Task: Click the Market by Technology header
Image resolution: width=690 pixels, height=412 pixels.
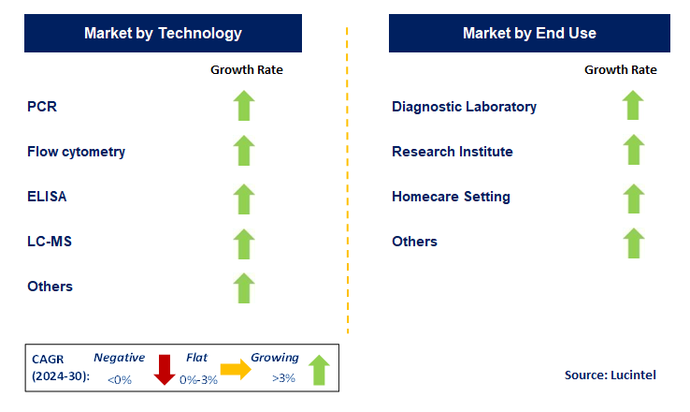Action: [x=163, y=33]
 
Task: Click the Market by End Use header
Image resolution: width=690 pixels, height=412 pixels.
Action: [x=529, y=33]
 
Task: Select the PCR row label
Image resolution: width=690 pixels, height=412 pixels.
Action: [x=42, y=107]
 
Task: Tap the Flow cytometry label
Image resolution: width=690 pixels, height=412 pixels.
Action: [x=76, y=152]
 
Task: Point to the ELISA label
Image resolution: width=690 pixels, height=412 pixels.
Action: [x=47, y=197]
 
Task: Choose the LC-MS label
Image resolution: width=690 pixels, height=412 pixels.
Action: [x=50, y=242]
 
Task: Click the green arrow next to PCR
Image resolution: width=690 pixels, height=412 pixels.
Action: [x=244, y=106]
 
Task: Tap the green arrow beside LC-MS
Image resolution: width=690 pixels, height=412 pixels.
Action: [x=244, y=243]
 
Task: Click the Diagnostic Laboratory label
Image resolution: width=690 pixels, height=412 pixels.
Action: [x=464, y=107]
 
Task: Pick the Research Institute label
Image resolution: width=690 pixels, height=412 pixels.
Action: [x=453, y=152]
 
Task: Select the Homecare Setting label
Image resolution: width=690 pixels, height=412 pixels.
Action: [x=451, y=197]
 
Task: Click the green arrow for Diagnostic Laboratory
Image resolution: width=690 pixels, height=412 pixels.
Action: [x=633, y=106]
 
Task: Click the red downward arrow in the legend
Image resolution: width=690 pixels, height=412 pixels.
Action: [x=165, y=370]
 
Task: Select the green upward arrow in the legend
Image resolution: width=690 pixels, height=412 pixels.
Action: [x=319, y=370]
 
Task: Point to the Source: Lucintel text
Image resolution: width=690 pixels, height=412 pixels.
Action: [x=610, y=375]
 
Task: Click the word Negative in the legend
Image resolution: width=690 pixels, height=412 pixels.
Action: [x=119, y=358]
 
